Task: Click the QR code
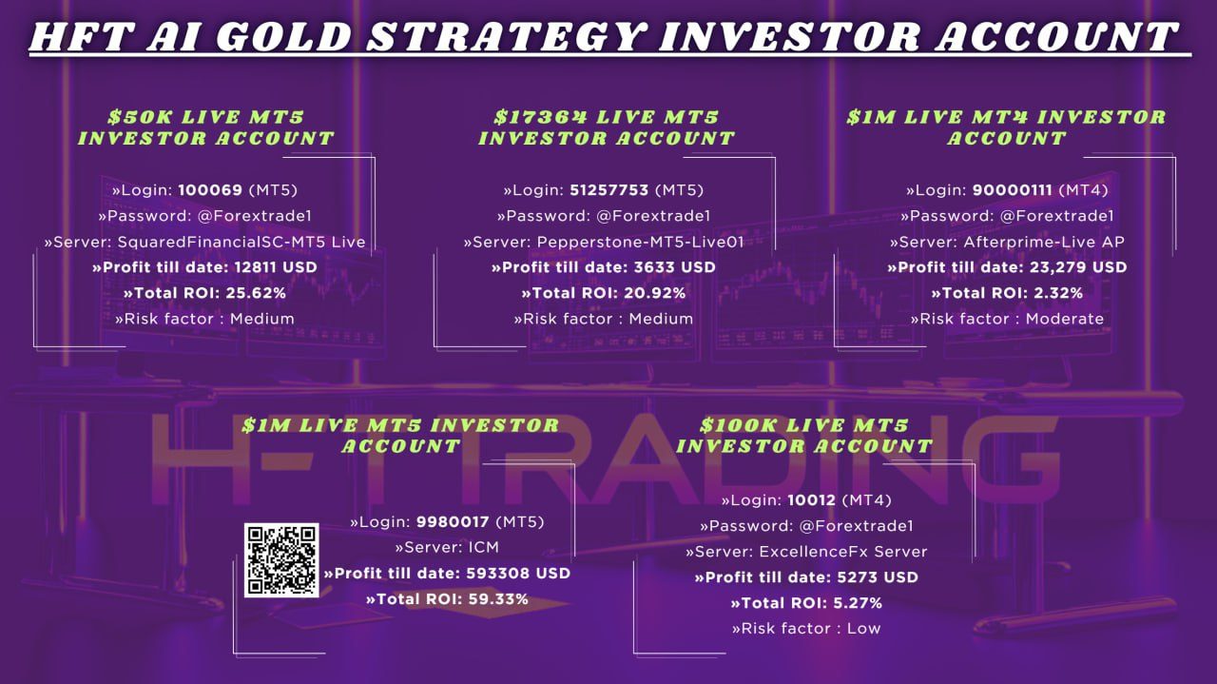(x=281, y=560)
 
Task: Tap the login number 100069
(x=210, y=190)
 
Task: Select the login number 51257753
(x=609, y=190)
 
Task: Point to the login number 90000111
(x=1013, y=190)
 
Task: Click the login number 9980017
(x=453, y=522)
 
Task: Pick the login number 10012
(x=812, y=500)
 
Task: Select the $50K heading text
(x=140, y=117)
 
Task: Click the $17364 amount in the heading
(x=541, y=117)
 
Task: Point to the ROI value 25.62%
(x=256, y=294)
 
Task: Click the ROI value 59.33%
(x=497, y=599)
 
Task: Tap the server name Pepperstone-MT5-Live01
(x=641, y=242)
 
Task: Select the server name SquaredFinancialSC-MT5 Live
(x=241, y=242)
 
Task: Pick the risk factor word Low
(x=864, y=629)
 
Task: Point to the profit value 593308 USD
(x=518, y=574)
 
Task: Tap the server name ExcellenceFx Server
(x=843, y=552)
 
